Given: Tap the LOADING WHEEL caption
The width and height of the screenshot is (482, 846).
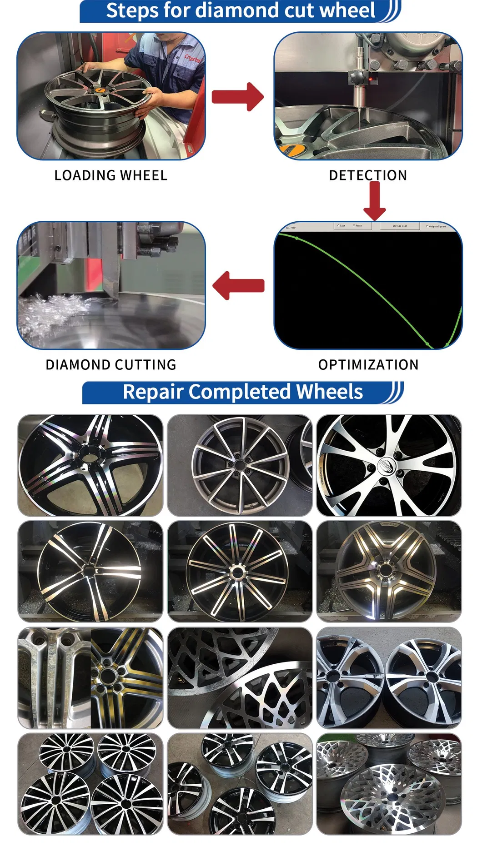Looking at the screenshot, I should [x=110, y=175].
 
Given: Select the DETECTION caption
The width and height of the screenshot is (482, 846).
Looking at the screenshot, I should [x=368, y=175].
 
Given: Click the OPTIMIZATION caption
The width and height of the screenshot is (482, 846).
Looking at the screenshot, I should [x=368, y=365].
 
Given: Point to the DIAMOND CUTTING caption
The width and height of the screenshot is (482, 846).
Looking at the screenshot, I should [x=110, y=365].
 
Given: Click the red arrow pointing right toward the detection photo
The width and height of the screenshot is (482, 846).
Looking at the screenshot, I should [x=237, y=97].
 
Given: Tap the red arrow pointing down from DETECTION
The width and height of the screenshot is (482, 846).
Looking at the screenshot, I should [x=374, y=200].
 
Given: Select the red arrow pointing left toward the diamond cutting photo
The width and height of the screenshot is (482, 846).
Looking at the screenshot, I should [x=238, y=285].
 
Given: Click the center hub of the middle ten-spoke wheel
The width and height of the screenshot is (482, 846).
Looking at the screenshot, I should [x=237, y=572].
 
